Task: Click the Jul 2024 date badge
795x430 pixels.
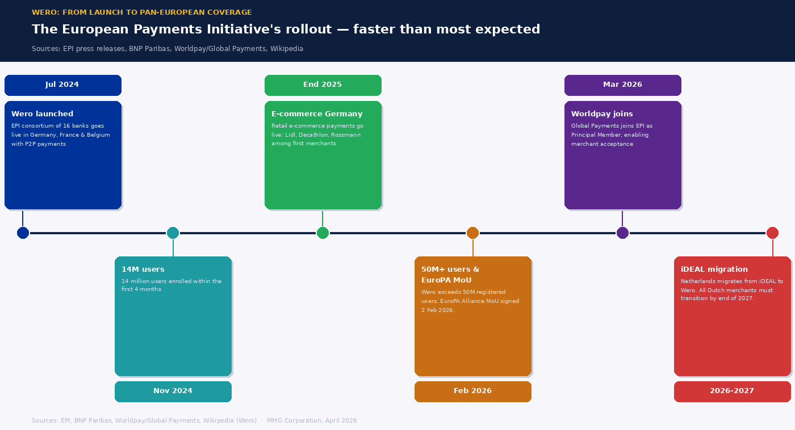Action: point(62,85)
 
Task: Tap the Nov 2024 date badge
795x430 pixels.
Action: point(173,391)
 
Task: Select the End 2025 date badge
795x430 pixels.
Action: point(323,85)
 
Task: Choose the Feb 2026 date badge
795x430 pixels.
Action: point(472,391)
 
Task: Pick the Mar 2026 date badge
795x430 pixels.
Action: point(622,85)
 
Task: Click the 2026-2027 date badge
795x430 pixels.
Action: point(732,391)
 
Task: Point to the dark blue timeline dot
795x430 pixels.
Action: point(23,233)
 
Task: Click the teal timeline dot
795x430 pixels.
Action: point(173,233)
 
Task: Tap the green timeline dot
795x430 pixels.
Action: point(323,233)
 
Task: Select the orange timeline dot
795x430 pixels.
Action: point(472,233)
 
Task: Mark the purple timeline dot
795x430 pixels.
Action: point(622,233)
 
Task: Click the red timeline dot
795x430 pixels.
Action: point(772,233)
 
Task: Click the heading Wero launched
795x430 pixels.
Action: point(42,114)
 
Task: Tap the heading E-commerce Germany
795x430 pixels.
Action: point(317,114)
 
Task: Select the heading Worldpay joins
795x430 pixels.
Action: point(602,114)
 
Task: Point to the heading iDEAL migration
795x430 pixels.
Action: point(714,269)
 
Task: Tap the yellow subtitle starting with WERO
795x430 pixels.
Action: point(142,12)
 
